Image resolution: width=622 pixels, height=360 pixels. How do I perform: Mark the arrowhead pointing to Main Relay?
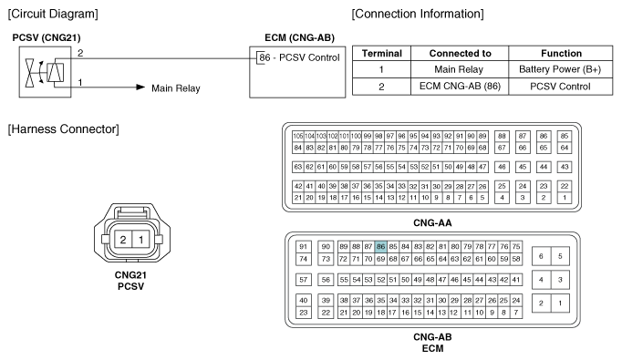[x=140, y=88]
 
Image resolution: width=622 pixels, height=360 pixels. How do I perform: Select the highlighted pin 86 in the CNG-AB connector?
[x=380, y=246]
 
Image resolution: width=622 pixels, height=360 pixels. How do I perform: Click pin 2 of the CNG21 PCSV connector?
[x=122, y=240]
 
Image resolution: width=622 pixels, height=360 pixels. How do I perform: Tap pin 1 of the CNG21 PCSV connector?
[x=141, y=240]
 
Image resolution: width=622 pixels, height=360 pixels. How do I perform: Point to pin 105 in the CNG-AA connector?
[x=297, y=136]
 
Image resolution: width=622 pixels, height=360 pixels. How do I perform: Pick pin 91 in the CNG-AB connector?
[x=305, y=246]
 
